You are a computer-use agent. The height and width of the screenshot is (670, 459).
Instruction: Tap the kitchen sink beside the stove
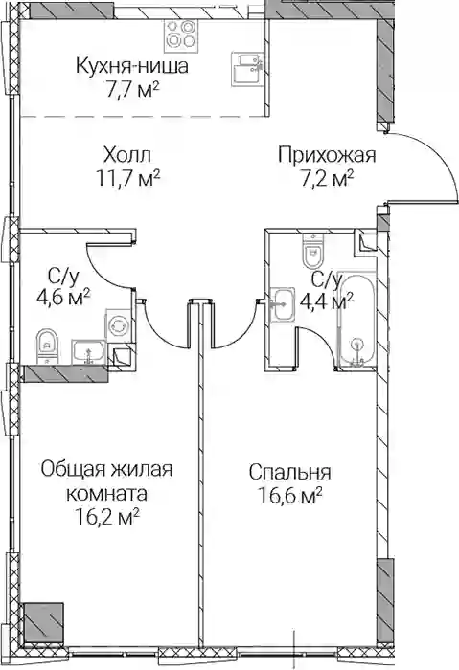247,68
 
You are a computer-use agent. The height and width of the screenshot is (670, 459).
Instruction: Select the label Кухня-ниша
131,67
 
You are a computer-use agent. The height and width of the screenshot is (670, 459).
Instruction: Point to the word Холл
127,155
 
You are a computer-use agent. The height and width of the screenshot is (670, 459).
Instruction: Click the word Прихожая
327,155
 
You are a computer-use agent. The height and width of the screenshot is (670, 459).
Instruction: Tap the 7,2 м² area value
328,179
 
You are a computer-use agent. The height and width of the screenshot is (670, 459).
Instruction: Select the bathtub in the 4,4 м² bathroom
356,320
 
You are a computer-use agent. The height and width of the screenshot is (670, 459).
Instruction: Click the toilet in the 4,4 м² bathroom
314,250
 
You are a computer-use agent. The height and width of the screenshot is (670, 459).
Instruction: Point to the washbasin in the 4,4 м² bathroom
283,303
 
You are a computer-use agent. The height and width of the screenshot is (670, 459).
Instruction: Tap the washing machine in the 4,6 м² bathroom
118,326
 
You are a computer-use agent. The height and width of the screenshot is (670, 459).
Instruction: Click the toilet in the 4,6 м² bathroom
48,346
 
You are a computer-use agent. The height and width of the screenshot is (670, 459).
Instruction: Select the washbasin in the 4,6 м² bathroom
88,351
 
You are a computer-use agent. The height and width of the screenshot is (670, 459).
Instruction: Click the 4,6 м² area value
64,297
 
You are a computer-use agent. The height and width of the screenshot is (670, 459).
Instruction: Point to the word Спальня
290,473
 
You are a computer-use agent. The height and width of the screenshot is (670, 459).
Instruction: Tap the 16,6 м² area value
290,496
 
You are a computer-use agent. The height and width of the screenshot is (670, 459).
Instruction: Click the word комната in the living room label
107,494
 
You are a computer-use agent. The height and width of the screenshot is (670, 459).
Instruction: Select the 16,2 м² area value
107,518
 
